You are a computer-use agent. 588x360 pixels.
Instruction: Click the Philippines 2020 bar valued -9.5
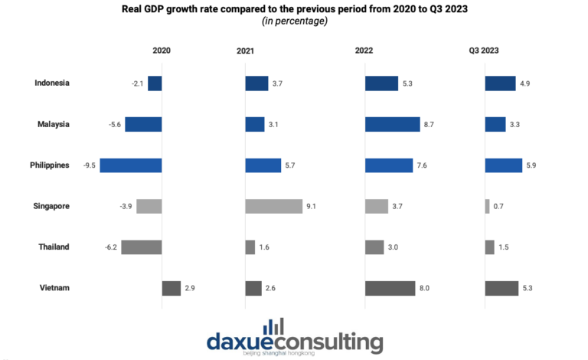131,165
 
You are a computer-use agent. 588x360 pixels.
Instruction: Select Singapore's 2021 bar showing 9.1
273,206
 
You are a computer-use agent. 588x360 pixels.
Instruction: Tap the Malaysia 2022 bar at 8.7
392,124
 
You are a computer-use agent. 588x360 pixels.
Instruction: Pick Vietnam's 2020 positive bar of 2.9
171,288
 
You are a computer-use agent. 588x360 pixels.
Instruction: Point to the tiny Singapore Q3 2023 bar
487,206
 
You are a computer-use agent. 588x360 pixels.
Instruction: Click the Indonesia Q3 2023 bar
501,83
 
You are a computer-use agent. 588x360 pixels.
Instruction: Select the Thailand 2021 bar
250,247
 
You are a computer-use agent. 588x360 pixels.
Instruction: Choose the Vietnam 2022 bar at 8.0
390,288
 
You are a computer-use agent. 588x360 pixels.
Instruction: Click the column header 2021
245,51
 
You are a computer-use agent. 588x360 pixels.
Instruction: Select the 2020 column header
162,51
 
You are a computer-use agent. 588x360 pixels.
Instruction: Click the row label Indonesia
52,83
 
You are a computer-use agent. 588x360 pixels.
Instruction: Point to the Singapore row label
51,206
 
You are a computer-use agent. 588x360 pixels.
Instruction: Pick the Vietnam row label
54,288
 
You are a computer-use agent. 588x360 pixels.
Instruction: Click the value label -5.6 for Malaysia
115,124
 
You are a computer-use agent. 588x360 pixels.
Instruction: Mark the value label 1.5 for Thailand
505,247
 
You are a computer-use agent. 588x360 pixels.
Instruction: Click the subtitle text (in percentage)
294,21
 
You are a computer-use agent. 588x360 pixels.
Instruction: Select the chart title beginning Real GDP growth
294,9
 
